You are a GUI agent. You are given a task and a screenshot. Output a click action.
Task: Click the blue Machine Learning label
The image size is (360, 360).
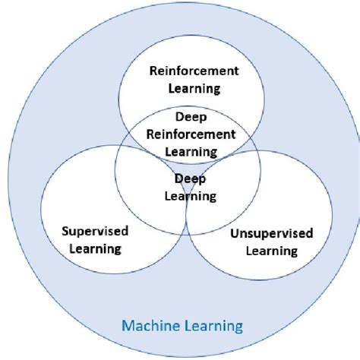coord(180,327)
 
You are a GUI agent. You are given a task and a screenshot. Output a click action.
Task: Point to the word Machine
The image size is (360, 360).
coord(150,327)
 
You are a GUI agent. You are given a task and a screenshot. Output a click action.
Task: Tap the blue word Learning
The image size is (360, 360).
coord(214,327)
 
